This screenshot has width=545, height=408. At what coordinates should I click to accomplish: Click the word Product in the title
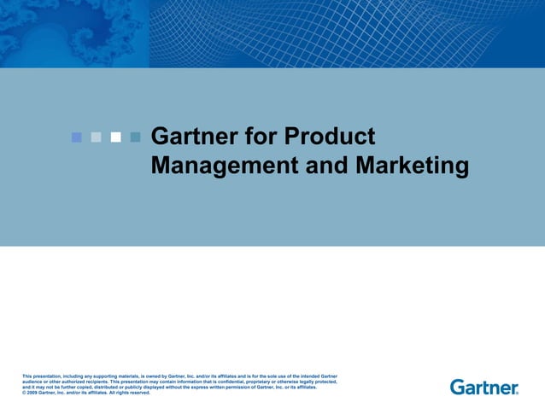[x=329, y=137]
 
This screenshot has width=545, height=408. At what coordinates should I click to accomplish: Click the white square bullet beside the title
[x=115, y=137]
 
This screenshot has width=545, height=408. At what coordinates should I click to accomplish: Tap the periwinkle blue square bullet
[x=76, y=137]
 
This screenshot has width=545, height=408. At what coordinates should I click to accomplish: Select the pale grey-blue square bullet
[x=96, y=137]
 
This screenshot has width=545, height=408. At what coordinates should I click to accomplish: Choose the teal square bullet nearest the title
[x=135, y=137]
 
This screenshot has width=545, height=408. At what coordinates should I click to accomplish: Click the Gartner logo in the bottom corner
[x=483, y=388]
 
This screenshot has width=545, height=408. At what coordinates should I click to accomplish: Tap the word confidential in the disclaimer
[x=234, y=382]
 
